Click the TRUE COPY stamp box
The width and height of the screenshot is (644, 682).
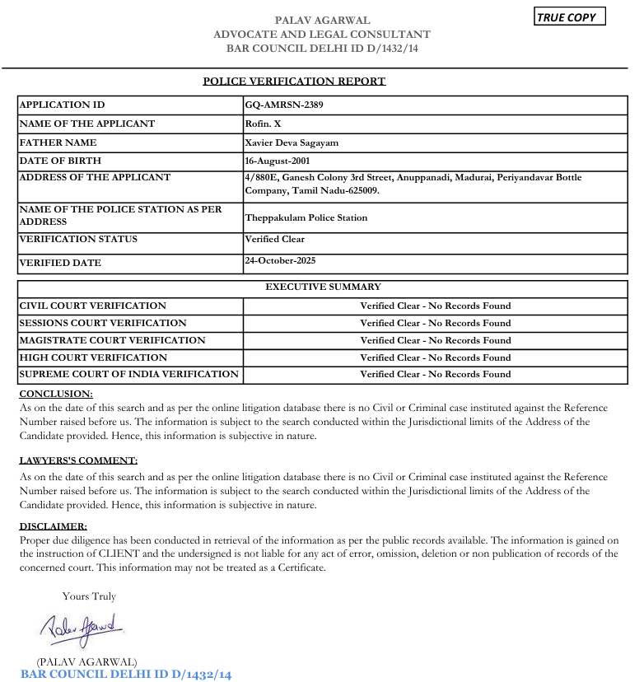(x=570, y=17)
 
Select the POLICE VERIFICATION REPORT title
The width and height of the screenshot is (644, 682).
(x=294, y=81)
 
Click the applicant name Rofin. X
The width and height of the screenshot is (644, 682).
(x=263, y=124)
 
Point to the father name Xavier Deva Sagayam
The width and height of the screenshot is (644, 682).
(x=292, y=142)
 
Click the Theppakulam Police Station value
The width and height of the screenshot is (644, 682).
(x=306, y=217)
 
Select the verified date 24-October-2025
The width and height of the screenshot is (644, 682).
(x=280, y=260)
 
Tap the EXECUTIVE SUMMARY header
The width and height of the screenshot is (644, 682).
(x=323, y=287)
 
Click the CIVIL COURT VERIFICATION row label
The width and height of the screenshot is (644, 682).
(x=92, y=306)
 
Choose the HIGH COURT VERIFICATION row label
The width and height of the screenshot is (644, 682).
(x=93, y=357)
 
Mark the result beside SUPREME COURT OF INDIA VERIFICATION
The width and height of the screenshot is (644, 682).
(x=435, y=374)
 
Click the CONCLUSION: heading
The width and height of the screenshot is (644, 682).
(x=56, y=394)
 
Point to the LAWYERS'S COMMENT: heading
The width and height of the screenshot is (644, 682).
(x=78, y=460)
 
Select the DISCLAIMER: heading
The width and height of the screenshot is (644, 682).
(x=53, y=526)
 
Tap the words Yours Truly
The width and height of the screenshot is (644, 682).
(x=89, y=596)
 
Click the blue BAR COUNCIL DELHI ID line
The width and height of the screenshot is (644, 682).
(x=126, y=675)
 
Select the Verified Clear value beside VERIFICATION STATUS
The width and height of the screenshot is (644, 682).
(x=274, y=239)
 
